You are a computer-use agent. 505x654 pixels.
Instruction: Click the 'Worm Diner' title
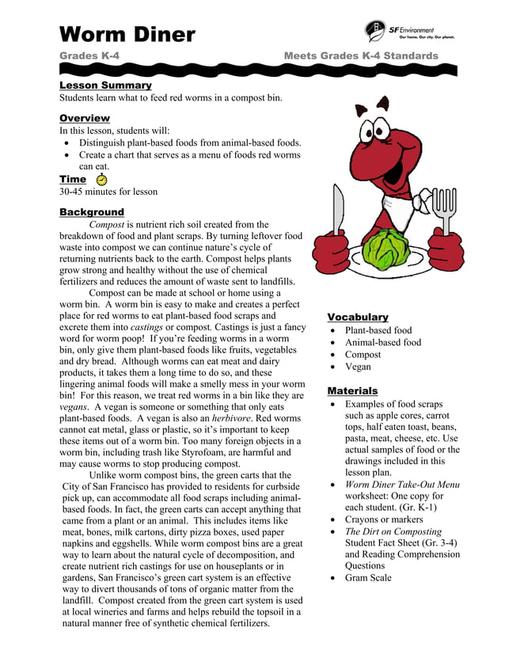coord(127,34)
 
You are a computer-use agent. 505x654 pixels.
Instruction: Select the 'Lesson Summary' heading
coord(105,85)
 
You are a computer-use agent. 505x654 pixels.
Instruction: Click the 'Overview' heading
coord(85,118)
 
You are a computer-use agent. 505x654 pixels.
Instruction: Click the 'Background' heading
coord(92,211)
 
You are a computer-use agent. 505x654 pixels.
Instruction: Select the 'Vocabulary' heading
coord(358,317)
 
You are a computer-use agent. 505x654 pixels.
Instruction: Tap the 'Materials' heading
coord(352,390)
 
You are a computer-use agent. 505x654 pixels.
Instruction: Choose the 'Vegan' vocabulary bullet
coord(358,367)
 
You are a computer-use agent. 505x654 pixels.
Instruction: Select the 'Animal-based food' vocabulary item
coord(383,343)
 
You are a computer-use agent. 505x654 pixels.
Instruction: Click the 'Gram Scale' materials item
coord(368,578)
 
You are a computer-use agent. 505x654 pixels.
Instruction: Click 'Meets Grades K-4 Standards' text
coord(360,56)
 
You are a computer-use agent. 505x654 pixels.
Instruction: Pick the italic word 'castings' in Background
coord(147,327)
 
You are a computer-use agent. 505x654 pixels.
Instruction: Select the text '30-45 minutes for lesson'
coord(108,192)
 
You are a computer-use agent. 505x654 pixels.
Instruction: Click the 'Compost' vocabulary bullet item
coord(363,355)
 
